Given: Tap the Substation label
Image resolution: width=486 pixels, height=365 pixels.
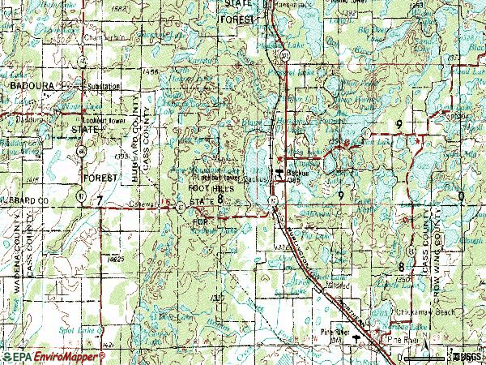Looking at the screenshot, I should click(x=104, y=85).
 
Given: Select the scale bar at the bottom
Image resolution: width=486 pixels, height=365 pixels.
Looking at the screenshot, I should click(x=416, y=354).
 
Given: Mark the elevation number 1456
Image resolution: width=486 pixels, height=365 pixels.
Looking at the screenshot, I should click(x=147, y=72).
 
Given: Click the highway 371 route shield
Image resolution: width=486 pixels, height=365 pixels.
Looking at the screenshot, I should click(x=286, y=55).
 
